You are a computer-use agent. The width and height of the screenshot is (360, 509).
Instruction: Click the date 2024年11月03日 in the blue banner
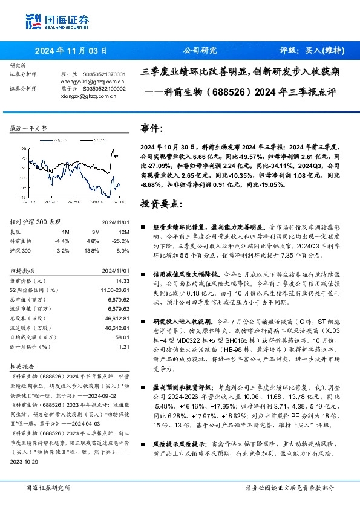point(71,51)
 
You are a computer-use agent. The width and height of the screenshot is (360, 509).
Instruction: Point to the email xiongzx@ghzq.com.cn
point(90,95)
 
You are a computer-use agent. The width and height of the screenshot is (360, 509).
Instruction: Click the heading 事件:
point(151,129)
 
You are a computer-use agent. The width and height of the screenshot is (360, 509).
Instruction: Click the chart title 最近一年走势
point(29,128)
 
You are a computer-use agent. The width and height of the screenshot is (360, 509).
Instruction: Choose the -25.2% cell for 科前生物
point(122,241)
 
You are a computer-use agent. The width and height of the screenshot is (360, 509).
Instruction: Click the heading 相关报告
point(24,366)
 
